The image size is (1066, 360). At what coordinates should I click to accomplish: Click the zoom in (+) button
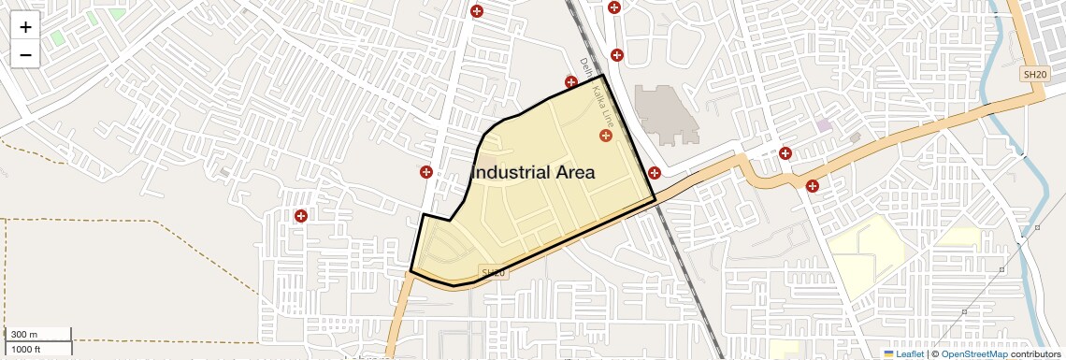pyautogui.click(x=25, y=27)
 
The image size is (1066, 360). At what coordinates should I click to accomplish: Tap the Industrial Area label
pyautogui.click(x=533, y=173)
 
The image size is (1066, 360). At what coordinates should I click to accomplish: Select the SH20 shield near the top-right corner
pyautogui.click(x=1032, y=74)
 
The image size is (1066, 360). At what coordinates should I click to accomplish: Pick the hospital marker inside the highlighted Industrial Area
pyautogui.click(x=606, y=137)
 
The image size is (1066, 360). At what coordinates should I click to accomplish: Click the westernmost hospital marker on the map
pyautogui.click(x=301, y=216)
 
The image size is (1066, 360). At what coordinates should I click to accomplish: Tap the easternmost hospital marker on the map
pyautogui.click(x=812, y=186)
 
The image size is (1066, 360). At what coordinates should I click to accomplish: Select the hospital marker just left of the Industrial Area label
pyautogui.click(x=426, y=172)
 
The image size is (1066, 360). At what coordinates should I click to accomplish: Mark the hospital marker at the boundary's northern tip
pyautogui.click(x=571, y=81)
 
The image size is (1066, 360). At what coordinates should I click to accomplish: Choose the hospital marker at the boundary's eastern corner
pyautogui.click(x=655, y=172)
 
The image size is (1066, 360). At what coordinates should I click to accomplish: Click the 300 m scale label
pyautogui.click(x=25, y=335)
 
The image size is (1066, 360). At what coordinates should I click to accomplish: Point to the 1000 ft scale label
pyautogui.click(x=26, y=349)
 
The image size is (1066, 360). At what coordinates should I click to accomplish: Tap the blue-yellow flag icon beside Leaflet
pyautogui.click(x=888, y=353)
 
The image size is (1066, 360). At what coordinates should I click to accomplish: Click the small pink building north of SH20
pyautogui.click(x=824, y=124)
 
